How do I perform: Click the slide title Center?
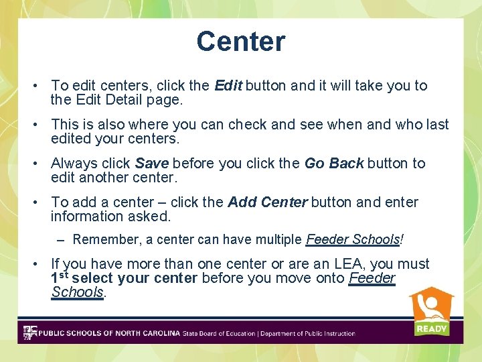click(x=241, y=42)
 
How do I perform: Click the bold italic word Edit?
click(x=228, y=86)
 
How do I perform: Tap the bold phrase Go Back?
click(x=334, y=164)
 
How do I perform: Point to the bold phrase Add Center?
click(x=268, y=202)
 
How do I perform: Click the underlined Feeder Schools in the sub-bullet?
click(x=354, y=239)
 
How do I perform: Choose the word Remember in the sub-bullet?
click(x=100, y=239)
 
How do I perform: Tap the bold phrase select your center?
click(x=134, y=278)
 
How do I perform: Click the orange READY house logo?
click(x=431, y=311)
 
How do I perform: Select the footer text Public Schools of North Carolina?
click(x=109, y=333)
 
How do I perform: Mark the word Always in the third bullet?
click(x=71, y=164)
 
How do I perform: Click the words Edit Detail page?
click(x=128, y=101)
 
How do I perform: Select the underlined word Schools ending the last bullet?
click(x=77, y=292)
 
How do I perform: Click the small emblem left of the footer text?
click(x=29, y=333)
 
